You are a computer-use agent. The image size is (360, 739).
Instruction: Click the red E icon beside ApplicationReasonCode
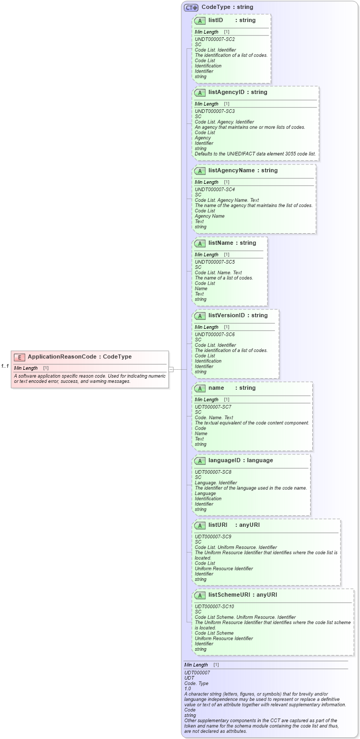(19, 357)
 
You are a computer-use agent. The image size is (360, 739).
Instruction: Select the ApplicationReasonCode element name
(62, 357)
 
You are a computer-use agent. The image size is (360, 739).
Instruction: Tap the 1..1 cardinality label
(5, 366)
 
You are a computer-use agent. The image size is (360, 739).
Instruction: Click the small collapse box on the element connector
(171, 369)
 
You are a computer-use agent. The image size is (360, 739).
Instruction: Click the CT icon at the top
(191, 8)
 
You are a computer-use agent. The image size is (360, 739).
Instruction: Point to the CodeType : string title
(228, 7)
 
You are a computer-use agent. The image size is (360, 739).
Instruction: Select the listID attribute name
(215, 20)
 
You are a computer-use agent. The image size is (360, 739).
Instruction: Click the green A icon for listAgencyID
(200, 93)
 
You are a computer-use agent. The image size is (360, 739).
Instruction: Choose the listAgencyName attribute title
(243, 171)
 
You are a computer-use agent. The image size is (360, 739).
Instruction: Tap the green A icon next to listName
(200, 244)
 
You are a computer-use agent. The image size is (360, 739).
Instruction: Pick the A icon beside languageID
(200, 461)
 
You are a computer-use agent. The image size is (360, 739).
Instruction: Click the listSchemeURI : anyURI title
(242, 595)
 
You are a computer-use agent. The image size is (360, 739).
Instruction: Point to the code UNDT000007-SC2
(214, 39)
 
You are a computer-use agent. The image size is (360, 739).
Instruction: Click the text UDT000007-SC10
(214, 607)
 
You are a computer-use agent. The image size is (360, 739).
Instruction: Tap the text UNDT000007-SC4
(214, 190)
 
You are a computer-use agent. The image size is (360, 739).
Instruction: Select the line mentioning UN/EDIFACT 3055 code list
(255, 154)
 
